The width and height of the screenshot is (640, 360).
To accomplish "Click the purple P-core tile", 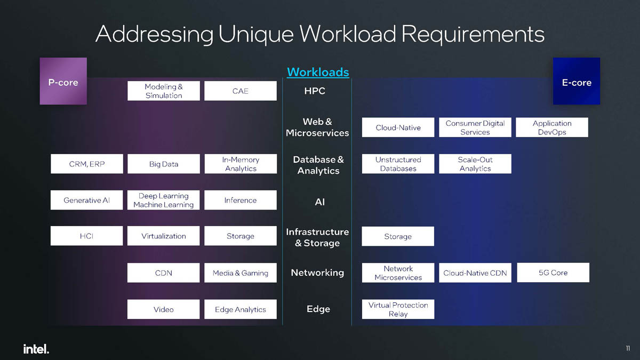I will point(63,81).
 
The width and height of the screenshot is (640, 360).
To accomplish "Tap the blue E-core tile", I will point(577,81).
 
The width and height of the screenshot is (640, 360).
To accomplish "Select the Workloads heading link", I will point(318,72).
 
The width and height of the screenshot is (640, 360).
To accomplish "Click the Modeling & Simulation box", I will point(164,91).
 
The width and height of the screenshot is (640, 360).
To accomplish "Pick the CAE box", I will point(241,91).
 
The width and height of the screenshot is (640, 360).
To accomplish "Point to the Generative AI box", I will point(86,200).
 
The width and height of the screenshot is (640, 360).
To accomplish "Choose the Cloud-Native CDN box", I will point(475,273).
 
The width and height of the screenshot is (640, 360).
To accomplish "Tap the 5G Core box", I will point(553,273).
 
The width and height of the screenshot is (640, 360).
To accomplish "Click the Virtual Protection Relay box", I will point(398,309).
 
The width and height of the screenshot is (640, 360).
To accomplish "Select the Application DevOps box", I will point(552,127).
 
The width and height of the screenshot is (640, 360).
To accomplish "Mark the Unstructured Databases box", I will point(398,164).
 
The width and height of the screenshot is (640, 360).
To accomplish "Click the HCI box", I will point(86,236).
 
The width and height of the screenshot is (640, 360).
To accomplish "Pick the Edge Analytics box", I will point(241,309).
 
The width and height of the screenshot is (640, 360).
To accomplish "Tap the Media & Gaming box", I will point(241,273).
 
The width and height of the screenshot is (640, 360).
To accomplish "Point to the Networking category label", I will point(317,273).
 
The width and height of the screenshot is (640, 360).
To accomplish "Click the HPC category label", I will point(315,91).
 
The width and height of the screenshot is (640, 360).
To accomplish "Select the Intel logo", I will point(36,349).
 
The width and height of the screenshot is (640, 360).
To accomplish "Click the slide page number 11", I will point(628,349).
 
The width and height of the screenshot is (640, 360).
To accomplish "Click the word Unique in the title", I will point(255,34).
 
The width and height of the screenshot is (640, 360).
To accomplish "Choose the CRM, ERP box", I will point(86,164).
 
